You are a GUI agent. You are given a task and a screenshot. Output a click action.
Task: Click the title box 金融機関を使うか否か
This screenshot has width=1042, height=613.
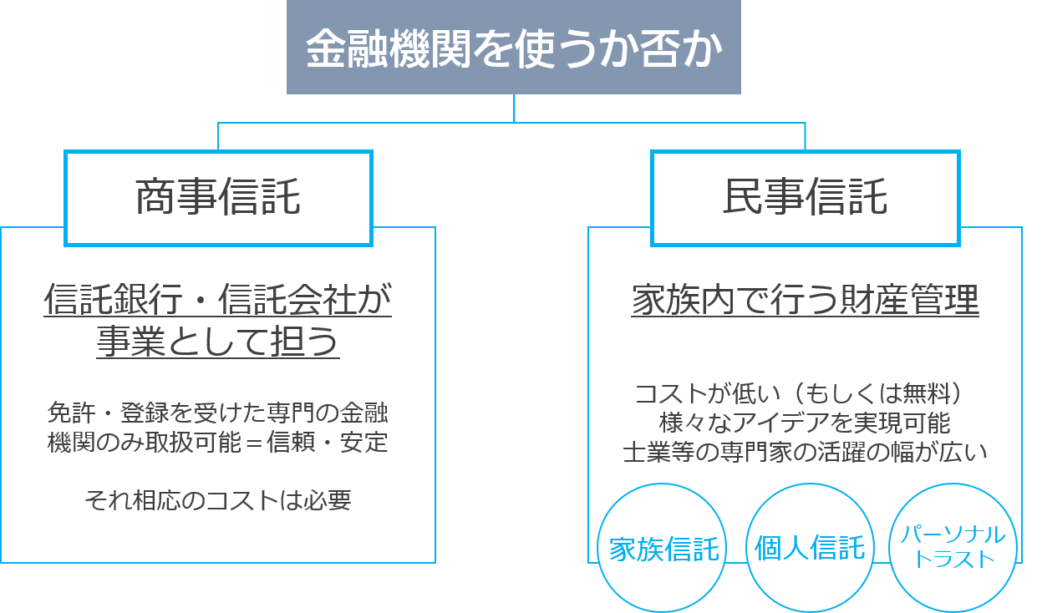click(513, 48)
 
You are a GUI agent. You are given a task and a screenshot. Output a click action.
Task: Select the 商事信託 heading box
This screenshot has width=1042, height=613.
click(218, 199)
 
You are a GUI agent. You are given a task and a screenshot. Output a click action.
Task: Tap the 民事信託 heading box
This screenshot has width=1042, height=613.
click(806, 199)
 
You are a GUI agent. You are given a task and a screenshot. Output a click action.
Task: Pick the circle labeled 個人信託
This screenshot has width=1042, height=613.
click(810, 549)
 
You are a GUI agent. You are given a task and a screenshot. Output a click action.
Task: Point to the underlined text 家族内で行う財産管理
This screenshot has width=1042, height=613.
click(805, 300)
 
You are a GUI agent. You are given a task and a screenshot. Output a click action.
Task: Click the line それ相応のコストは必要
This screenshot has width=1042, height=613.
click(218, 500)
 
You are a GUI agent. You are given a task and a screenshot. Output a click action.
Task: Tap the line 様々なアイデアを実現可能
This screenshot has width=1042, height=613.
click(805, 423)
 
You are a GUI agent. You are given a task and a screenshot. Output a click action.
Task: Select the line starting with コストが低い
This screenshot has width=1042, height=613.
click(805, 393)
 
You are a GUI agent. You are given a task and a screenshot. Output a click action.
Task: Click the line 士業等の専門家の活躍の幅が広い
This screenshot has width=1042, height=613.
click(805, 452)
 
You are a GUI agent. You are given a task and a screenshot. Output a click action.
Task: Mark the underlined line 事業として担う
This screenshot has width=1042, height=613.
click(218, 342)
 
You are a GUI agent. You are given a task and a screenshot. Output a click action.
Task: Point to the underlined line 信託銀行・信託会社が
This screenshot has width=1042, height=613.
click(218, 300)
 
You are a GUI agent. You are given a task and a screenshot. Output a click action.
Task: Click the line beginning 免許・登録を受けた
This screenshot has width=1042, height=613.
click(218, 413)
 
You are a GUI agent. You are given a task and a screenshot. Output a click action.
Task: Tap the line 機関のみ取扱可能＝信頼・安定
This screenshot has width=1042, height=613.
click(218, 442)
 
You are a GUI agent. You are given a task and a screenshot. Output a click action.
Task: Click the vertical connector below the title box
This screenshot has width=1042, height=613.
click(514, 108)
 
